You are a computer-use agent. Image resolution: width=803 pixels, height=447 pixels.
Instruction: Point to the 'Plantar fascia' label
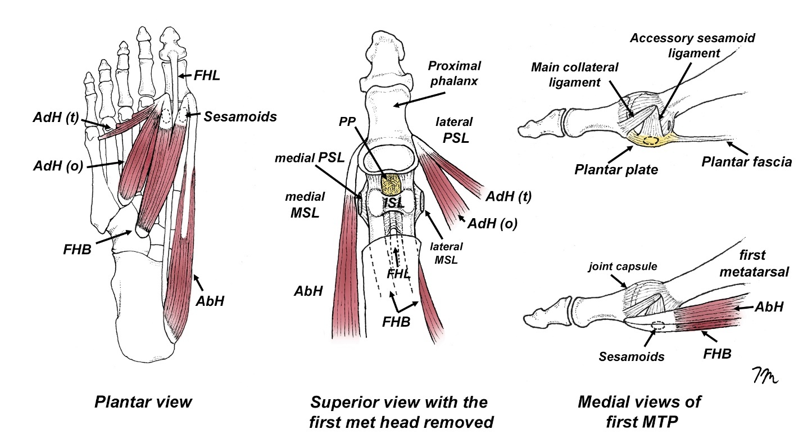click(747, 162)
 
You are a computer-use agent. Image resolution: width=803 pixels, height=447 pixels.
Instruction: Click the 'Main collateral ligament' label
click(575, 75)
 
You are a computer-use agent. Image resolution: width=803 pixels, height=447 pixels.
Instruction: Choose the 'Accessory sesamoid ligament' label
click(692, 46)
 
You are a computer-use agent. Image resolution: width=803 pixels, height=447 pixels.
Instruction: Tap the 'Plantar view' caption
click(143, 402)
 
